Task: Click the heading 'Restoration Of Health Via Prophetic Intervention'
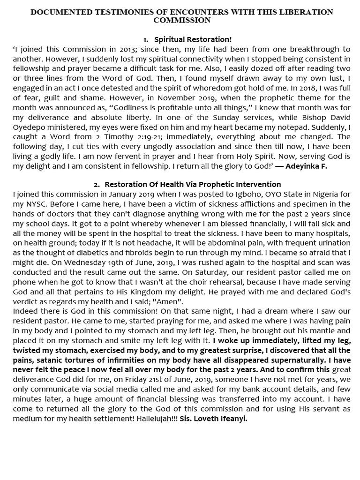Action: click(193, 185)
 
